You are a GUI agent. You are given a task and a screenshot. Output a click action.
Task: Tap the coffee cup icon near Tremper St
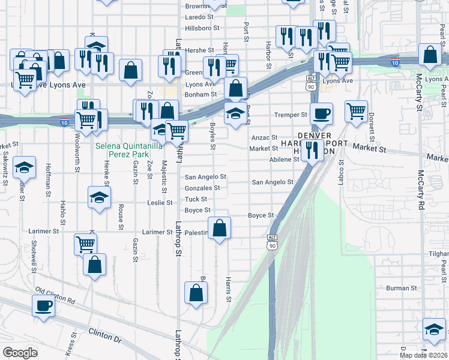(321, 113)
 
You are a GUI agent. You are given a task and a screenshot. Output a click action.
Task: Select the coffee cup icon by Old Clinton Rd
(43, 305)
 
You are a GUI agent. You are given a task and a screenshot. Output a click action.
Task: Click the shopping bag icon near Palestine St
(220, 227)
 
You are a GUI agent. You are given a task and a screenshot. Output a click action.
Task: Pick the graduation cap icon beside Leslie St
(100, 197)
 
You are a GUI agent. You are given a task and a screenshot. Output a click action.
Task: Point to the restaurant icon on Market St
(312, 150)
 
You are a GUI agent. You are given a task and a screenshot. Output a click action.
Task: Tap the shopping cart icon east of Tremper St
(356, 110)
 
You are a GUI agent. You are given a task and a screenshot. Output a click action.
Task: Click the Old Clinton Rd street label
(55, 295)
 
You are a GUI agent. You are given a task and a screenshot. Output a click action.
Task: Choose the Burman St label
(402, 288)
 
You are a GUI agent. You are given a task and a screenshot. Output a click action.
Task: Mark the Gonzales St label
(202, 188)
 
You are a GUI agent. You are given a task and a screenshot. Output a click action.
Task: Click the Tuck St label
(196, 199)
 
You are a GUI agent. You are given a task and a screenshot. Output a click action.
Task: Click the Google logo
(20, 353)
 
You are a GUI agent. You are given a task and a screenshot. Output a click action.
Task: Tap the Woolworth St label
(77, 157)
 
